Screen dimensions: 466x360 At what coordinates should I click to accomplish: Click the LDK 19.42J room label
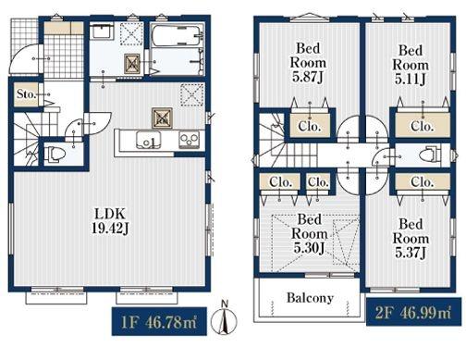(x=110, y=221)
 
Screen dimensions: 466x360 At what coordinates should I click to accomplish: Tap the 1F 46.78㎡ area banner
(x=159, y=321)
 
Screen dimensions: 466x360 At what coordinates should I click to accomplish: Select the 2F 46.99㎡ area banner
(x=413, y=312)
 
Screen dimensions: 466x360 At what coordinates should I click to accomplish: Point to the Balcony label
(x=310, y=298)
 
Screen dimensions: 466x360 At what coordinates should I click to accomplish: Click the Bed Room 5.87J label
(x=308, y=63)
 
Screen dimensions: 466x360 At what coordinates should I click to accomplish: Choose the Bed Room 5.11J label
(x=411, y=65)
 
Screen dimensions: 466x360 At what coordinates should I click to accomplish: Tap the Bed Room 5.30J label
(x=309, y=233)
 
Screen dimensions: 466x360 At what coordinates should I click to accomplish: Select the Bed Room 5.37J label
(x=411, y=238)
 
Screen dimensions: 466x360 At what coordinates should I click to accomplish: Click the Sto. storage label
(x=26, y=94)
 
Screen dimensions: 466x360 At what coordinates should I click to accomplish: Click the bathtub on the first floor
(x=177, y=35)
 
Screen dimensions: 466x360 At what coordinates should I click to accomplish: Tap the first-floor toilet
(x=55, y=154)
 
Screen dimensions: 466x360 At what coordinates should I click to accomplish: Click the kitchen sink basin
(x=149, y=141)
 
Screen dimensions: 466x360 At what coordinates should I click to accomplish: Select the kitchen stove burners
(x=189, y=140)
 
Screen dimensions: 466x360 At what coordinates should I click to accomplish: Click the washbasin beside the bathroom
(x=102, y=31)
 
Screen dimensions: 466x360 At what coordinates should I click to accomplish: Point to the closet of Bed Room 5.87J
(x=310, y=125)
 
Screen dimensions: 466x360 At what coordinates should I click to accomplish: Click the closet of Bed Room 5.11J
(x=423, y=125)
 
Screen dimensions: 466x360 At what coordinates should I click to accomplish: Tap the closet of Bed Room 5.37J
(x=423, y=181)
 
